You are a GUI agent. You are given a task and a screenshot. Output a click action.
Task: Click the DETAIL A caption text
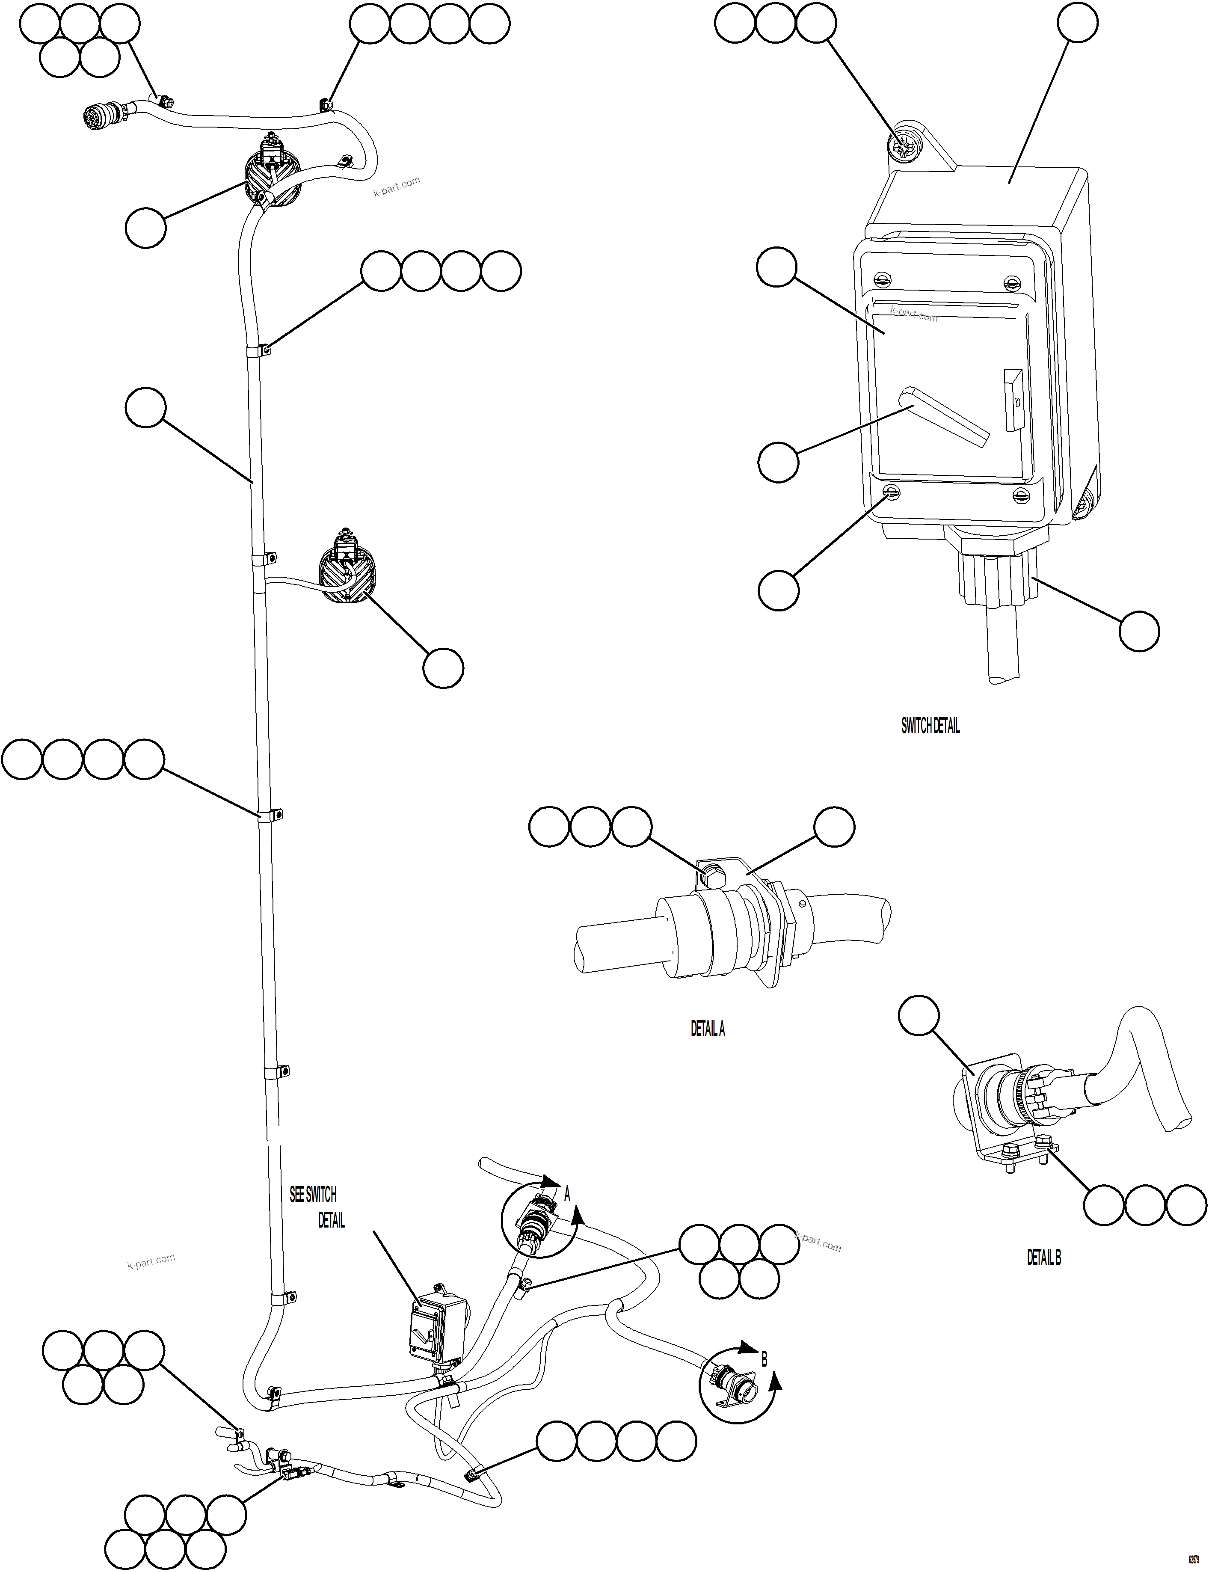tap(708, 1029)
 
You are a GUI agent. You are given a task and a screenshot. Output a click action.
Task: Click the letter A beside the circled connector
tap(567, 1195)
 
